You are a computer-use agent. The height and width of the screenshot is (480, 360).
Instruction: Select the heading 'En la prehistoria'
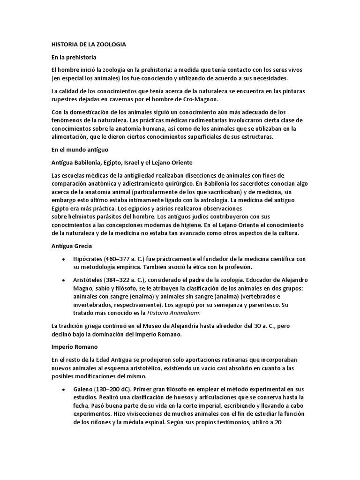pos(74,57)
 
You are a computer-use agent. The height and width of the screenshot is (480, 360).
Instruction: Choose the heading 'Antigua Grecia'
pos(71,246)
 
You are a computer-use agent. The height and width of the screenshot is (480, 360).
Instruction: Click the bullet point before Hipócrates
pos(63,259)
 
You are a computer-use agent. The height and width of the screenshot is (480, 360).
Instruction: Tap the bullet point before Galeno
pos(63,389)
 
